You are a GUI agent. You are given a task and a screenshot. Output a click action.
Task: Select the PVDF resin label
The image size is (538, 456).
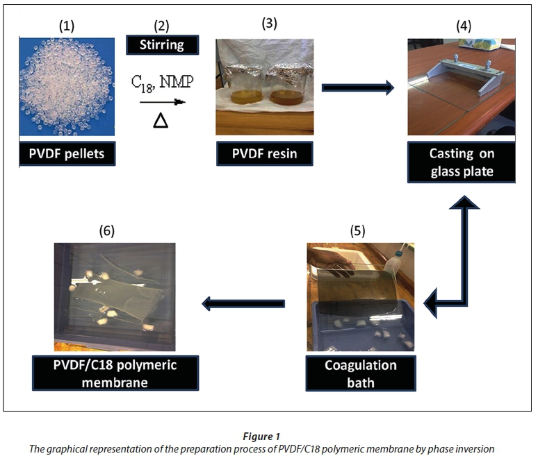264,153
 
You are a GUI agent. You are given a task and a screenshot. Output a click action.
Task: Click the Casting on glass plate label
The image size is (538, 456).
462,164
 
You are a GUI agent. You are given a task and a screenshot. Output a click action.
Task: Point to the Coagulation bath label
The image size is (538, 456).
360,373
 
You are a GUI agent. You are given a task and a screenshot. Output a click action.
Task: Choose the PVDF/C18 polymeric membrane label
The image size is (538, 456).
115,373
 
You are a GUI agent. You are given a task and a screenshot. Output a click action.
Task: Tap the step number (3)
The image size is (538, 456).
269,22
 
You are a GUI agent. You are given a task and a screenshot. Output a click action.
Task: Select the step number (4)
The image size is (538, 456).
462,26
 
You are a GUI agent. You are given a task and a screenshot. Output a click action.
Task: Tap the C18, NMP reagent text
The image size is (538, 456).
163,83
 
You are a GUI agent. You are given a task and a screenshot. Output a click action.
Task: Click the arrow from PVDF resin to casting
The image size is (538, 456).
358,87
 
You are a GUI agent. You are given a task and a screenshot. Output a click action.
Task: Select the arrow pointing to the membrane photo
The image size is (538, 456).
243,303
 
